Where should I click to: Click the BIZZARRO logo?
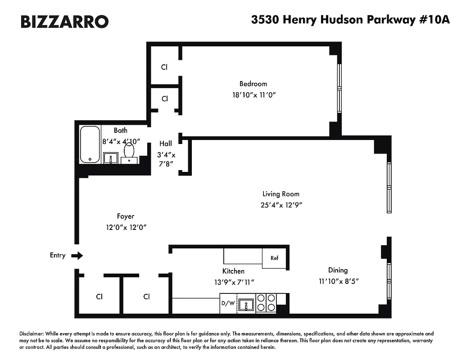click(x=64, y=21)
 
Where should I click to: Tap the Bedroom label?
click(x=253, y=84)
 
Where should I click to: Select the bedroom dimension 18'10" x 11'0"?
click(x=253, y=95)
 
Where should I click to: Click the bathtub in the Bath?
click(x=90, y=144)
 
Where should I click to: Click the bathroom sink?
click(x=110, y=158)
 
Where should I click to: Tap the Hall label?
click(x=166, y=144)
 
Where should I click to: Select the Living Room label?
click(x=281, y=194)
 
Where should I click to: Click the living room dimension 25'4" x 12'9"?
click(x=281, y=205)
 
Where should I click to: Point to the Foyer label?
click(x=126, y=216)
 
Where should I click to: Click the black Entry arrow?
click(x=77, y=256)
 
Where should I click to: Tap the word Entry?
click(x=58, y=255)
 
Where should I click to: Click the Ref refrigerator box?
click(x=274, y=258)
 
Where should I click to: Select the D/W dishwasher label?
click(x=227, y=303)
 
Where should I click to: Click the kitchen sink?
click(x=246, y=305)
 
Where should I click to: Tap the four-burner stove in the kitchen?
click(x=266, y=303)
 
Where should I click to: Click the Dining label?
click(x=338, y=270)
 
